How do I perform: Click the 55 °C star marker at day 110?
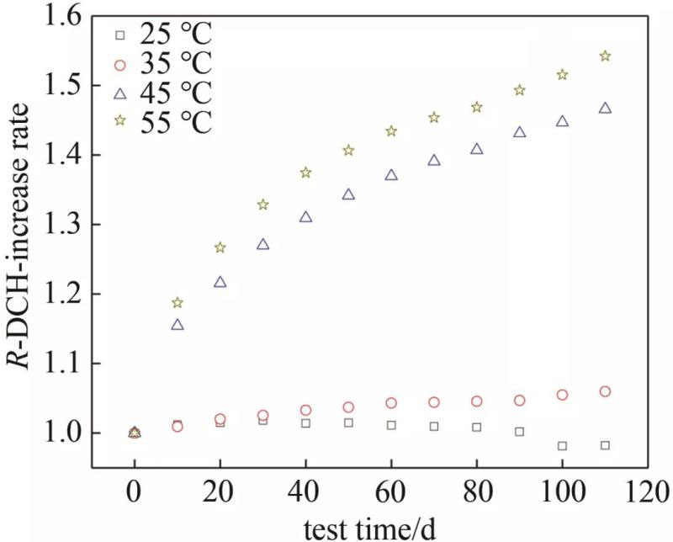coord(605,56)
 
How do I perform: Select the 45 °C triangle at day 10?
coord(178,324)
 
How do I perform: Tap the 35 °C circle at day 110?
coord(605,391)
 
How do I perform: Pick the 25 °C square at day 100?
coord(562,446)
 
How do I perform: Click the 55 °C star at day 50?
coord(348,151)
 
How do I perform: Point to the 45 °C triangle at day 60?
coord(391,175)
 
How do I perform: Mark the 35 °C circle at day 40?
coord(306,411)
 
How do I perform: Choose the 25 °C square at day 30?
coord(263,420)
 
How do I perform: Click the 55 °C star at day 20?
coord(220,247)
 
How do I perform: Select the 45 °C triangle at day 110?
coord(605,108)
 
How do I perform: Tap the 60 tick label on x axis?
coord(391,489)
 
